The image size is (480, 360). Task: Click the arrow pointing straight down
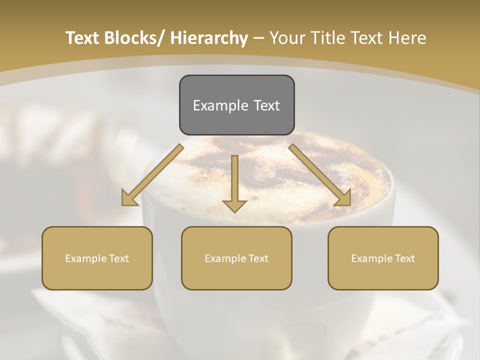(x=234, y=182)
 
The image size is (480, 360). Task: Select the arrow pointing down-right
(x=320, y=175)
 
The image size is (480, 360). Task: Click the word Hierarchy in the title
(x=209, y=38)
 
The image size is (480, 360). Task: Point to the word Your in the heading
(x=286, y=38)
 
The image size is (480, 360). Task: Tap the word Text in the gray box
(x=266, y=105)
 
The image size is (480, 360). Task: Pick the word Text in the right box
(x=404, y=258)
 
